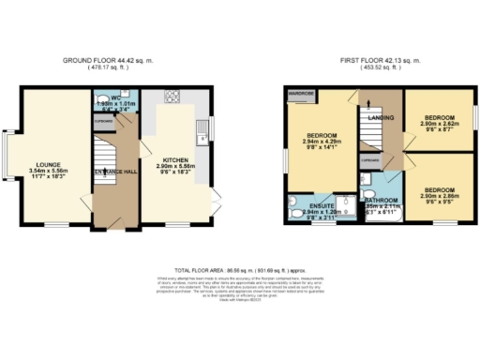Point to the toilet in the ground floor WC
tap(102, 97)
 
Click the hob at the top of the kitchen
tap(172, 96)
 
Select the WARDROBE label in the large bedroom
tap(300, 94)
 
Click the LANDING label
tap(382, 118)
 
